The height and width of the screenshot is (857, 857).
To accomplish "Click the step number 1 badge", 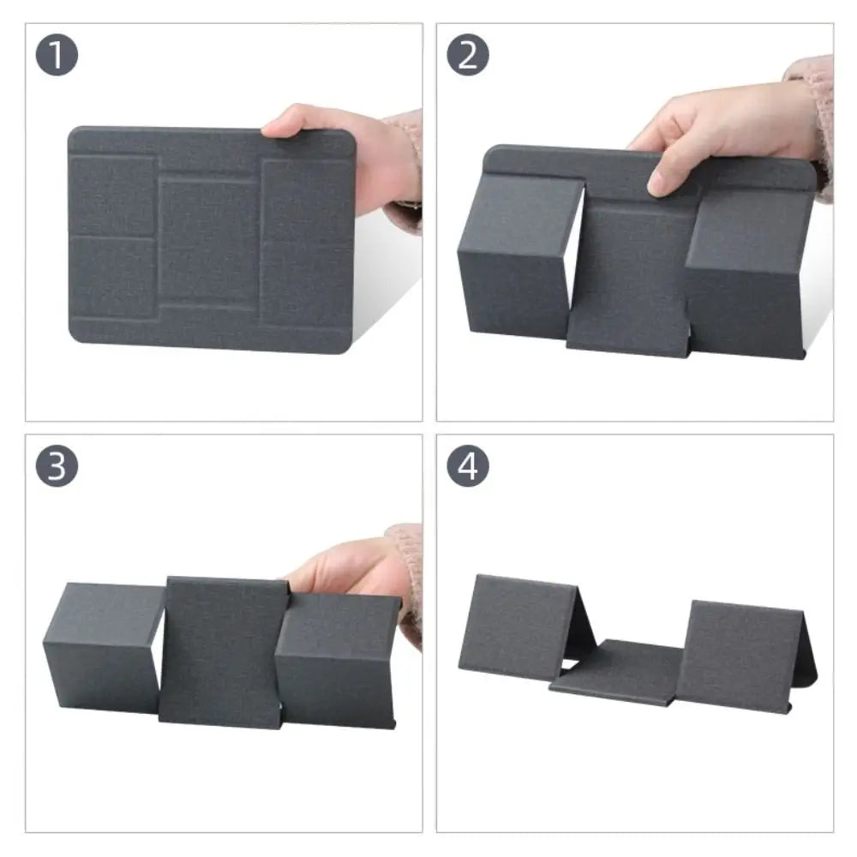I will click(57, 56).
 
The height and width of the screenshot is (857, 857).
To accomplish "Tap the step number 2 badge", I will click(468, 56).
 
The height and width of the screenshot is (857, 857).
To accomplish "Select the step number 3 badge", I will click(57, 467).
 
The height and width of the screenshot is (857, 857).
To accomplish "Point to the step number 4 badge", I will click(468, 467).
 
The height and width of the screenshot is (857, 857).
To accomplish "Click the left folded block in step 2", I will click(514, 257).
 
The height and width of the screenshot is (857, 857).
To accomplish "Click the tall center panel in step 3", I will click(223, 651).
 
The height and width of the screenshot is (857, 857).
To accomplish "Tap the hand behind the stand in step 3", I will click(343, 570).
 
